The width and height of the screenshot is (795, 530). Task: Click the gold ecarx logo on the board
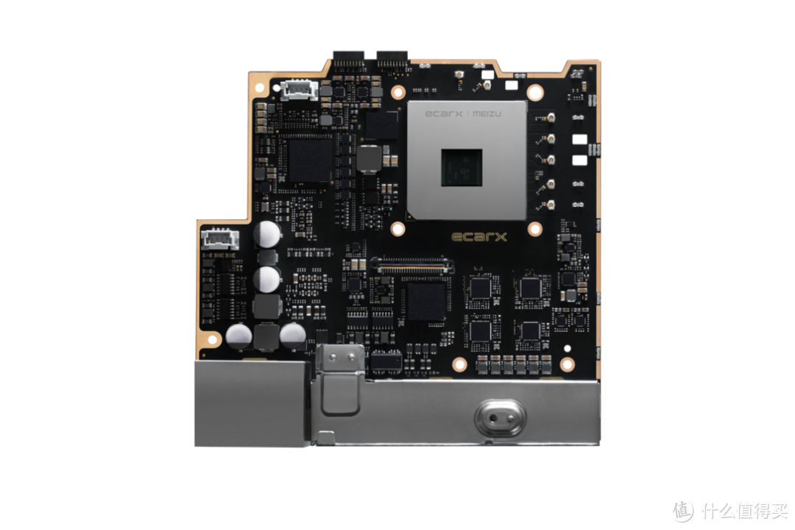[478, 237]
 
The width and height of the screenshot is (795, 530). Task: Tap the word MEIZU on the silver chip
[487, 113]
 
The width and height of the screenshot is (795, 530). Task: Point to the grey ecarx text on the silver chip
[444, 113]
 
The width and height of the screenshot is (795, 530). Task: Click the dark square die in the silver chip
[462, 167]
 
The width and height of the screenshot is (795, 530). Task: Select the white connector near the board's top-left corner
[299, 90]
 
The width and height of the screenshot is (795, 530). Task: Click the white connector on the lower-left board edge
[220, 239]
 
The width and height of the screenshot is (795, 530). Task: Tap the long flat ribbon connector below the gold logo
[412, 265]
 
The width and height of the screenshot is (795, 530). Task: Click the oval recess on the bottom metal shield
[500, 418]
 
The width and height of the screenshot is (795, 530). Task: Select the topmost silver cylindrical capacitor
[267, 234]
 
